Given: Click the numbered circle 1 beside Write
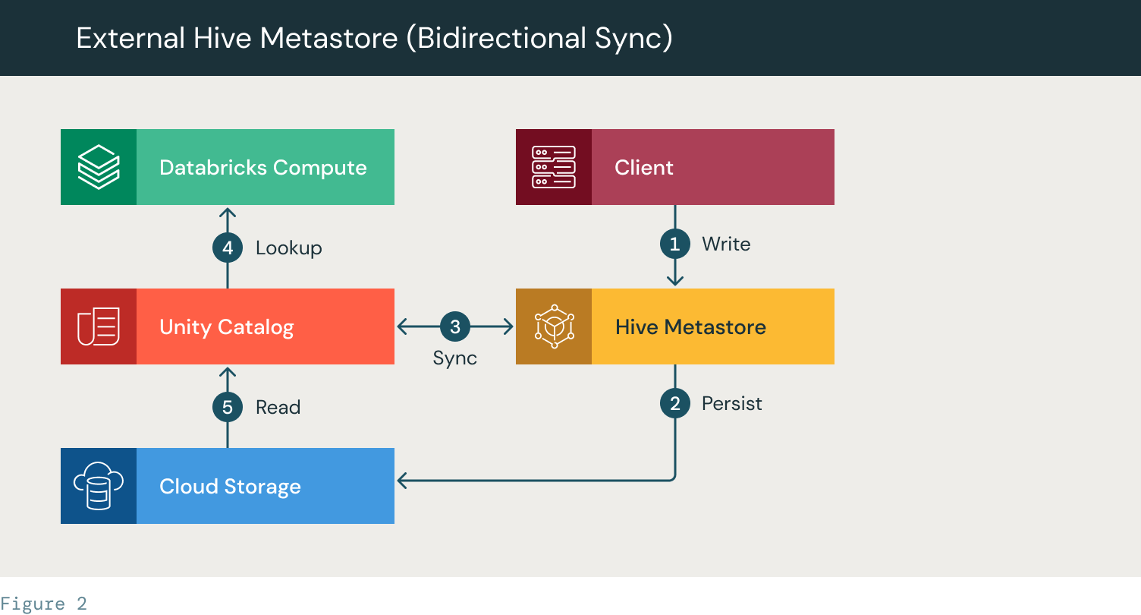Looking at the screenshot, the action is click(675, 244).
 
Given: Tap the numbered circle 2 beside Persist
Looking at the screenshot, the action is click(675, 403).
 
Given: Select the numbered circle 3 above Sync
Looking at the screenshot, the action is click(455, 326).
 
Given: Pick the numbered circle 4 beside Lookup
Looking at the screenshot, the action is click(227, 248).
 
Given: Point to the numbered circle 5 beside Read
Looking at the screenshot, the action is click(227, 407).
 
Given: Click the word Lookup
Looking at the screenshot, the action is click(289, 248).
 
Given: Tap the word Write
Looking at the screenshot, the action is click(726, 244).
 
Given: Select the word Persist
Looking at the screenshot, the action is click(731, 403).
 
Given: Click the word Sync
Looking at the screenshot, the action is click(455, 358).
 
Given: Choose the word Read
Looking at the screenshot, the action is click(278, 408).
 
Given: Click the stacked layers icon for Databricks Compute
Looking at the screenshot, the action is click(99, 167).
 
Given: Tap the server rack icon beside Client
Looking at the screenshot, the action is click(554, 167).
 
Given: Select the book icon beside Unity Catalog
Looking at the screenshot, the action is click(99, 326).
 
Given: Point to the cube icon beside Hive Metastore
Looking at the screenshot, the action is click(555, 326).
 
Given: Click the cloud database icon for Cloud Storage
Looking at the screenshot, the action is click(99, 485).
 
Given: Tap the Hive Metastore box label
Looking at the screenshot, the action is click(690, 327).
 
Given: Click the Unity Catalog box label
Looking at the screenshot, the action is click(227, 328).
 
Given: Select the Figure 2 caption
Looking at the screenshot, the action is click(43, 604).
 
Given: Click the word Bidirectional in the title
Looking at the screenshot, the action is click(501, 38).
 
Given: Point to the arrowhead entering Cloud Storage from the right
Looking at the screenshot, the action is click(402, 481).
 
